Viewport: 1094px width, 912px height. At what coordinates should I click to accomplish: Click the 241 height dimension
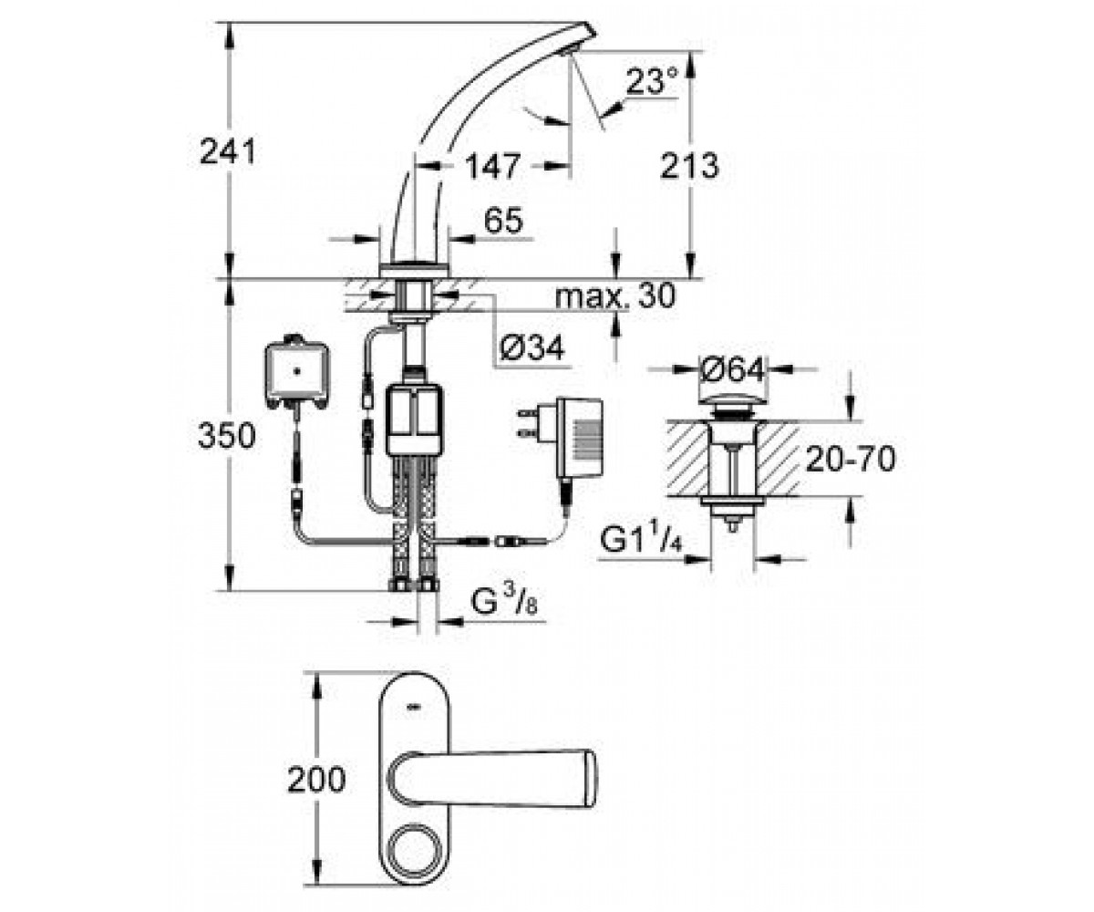click(x=228, y=152)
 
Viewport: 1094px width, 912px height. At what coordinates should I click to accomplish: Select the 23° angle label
click(x=652, y=81)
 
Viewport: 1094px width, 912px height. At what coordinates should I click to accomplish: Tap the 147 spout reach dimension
click(x=492, y=166)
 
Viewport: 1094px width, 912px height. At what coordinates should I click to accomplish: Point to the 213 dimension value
click(x=689, y=166)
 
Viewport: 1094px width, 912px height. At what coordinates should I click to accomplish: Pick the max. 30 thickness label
click(x=615, y=296)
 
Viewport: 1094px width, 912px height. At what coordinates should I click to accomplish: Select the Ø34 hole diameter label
click(x=532, y=347)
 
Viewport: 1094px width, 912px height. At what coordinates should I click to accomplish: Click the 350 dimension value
click(x=226, y=436)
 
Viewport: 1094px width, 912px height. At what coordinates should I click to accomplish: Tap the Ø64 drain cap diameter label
click(x=732, y=370)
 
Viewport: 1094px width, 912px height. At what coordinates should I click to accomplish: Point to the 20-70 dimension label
click(x=851, y=459)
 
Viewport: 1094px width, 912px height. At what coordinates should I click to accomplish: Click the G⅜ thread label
click(x=504, y=603)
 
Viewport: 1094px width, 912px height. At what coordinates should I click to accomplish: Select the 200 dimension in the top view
click(x=316, y=780)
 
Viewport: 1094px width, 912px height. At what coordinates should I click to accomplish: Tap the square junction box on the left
click(x=297, y=372)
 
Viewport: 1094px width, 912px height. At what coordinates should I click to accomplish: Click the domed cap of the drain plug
click(x=732, y=400)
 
